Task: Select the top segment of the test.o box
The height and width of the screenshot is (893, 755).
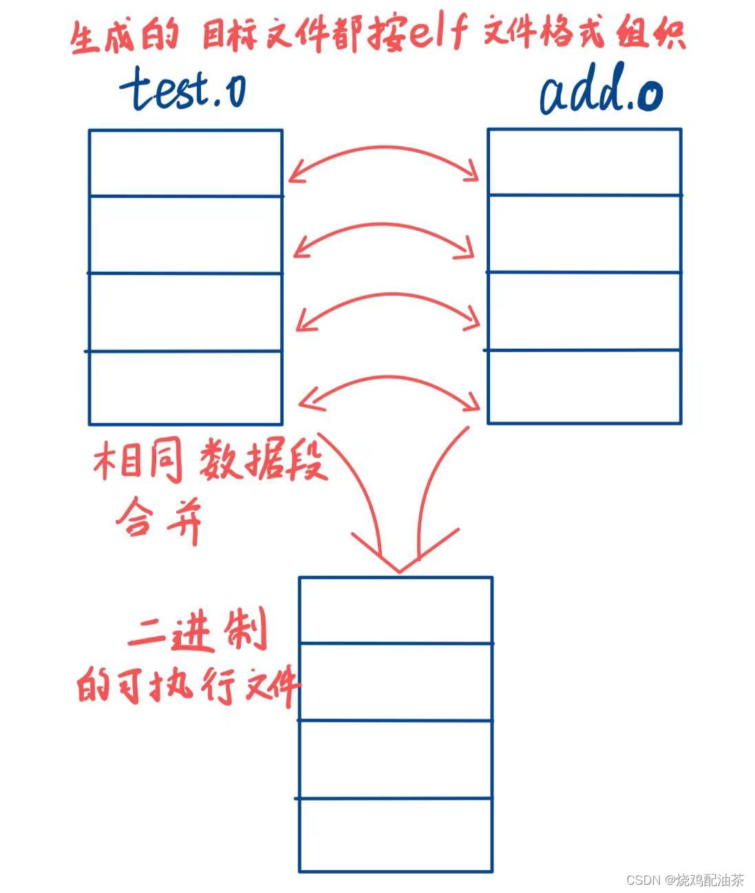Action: coord(185,163)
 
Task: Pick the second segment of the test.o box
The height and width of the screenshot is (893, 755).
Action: coord(185,235)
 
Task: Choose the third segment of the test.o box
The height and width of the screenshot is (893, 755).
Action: coord(185,312)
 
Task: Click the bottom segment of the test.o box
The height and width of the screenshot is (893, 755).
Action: coord(185,387)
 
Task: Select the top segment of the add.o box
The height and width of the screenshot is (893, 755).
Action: coord(584,162)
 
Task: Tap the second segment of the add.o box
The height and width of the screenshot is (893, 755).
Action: coord(584,234)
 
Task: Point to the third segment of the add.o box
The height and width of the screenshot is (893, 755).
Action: coord(584,311)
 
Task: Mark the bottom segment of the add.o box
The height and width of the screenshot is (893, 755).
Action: coord(584,387)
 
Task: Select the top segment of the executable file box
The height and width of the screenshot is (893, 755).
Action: coord(396,610)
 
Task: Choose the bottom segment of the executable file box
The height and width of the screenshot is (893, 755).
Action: coord(396,835)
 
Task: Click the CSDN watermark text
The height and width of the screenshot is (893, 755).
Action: coord(685,879)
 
